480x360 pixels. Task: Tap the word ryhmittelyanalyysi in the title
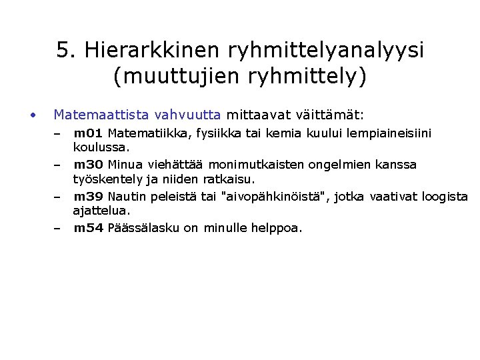coord(325,51)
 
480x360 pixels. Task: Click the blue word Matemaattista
coord(101,115)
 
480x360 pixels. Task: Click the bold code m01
coord(88,133)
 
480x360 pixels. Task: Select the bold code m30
coord(88,165)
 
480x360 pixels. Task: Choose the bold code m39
coord(88,196)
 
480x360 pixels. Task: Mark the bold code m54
coord(88,228)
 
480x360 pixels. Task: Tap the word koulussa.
coord(101,147)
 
